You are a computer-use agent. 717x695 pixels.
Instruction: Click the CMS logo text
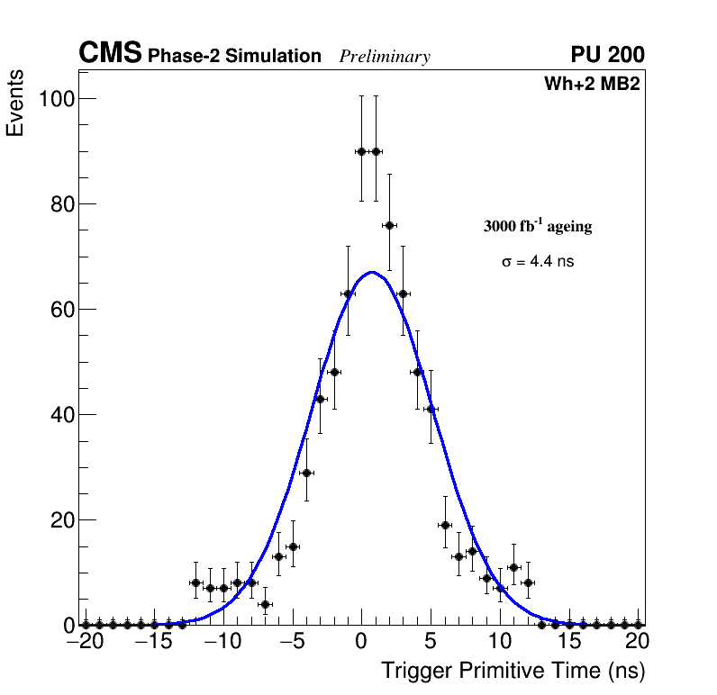[x=110, y=54]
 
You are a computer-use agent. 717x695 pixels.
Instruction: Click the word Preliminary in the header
[x=385, y=57]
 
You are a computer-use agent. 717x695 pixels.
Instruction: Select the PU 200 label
[x=607, y=55]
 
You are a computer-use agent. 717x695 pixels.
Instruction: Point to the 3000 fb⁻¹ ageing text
[x=538, y=226]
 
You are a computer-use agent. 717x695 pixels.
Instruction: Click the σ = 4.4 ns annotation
[x=538, y=262]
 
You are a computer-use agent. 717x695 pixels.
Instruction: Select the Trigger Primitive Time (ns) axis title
[x=513, y=671]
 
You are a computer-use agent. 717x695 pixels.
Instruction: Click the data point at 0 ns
[x=361, y=151]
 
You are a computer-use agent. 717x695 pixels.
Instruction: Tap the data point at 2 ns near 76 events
[x=389, y=225]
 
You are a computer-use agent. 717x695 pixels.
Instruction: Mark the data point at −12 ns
[x=195, y=582]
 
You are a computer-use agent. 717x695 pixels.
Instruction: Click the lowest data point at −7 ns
[x=265, y=604]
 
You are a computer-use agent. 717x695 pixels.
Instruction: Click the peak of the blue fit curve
[x=371, y=272]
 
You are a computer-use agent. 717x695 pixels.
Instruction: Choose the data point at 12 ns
[x=528, y=582]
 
